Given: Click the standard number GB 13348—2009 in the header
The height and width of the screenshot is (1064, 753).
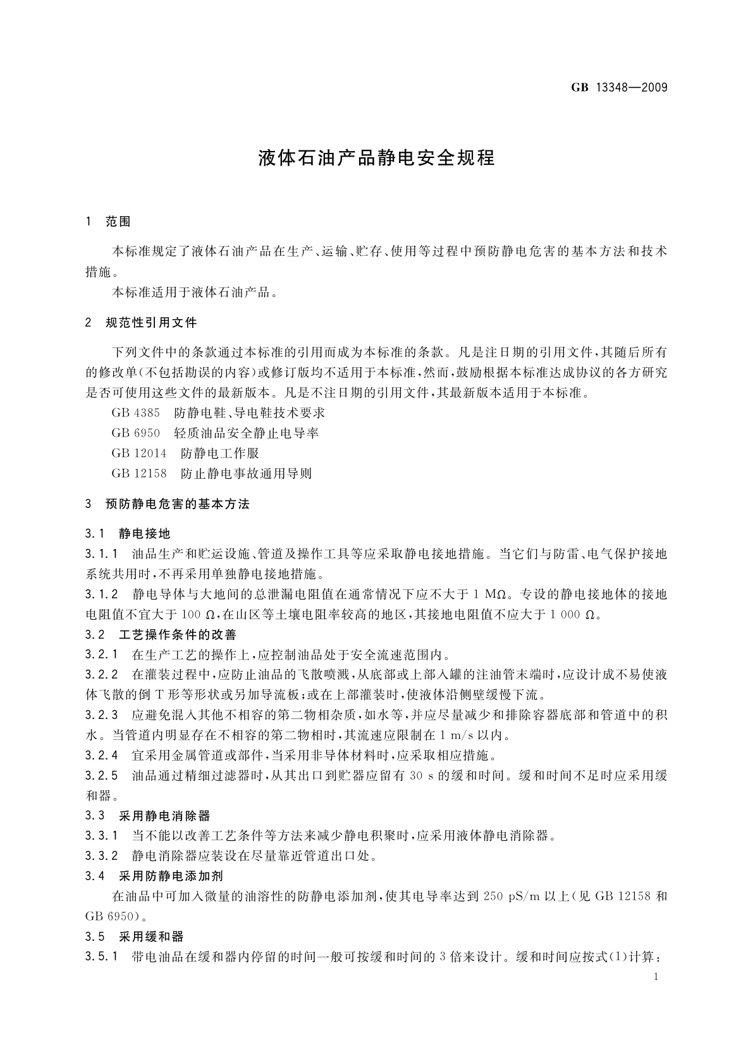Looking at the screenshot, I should coord(619,87).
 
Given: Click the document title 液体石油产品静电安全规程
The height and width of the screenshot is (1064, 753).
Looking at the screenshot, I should coord(376,157).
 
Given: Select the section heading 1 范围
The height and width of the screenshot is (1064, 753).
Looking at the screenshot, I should coord(109,221).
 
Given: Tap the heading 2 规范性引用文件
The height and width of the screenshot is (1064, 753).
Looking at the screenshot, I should coord(141,323).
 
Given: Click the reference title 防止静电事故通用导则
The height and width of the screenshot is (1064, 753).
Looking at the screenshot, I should coord(246,473).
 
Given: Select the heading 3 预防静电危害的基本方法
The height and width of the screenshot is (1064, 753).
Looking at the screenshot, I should coord(168,504).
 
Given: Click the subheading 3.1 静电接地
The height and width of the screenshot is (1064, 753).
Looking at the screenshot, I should coord(128,535).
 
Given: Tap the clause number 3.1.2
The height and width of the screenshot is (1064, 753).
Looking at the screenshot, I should coord(102,594).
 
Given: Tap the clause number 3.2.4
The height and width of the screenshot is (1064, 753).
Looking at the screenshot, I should coord(102,755).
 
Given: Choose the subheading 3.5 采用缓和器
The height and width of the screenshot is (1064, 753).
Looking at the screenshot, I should coord(134,936).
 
